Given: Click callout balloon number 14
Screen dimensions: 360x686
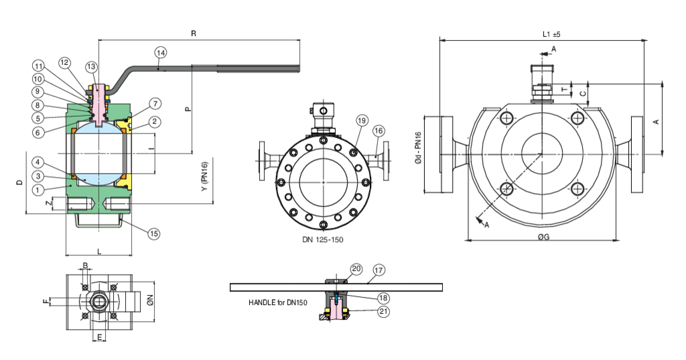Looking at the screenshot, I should pos(160,52).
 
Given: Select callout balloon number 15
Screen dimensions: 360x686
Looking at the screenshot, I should pos(154,233).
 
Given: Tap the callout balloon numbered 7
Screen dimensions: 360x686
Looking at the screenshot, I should pos(155,104).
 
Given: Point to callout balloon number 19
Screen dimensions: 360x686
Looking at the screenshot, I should pos(362,121).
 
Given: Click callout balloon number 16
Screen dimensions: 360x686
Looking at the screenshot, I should pos(379,130).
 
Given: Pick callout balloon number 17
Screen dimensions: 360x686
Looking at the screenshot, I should pos(379,271).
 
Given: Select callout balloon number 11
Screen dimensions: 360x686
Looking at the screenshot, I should pos(38,66).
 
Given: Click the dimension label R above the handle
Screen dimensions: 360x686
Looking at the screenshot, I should pos(194,33).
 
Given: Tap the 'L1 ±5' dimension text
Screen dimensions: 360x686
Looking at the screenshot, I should pos(551,34).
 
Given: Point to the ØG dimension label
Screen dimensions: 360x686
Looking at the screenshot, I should pos(543,245).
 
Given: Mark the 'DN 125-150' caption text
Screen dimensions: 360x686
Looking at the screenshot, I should pos(323,239).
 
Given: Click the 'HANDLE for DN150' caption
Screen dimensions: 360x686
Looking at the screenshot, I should pos(277,303).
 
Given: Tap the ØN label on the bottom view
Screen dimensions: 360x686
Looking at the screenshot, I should pos(151,302).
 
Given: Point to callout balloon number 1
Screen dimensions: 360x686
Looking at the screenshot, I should pos(38,190).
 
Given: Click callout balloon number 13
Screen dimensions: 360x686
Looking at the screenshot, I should pos(91,66).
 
